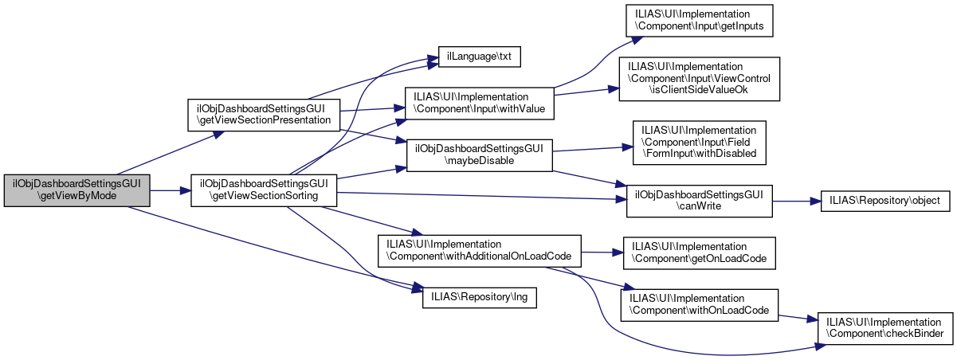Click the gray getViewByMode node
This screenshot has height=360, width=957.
coord(77,190)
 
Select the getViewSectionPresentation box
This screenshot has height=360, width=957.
coord(263,114)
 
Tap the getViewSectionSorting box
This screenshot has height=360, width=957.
coord(263,189)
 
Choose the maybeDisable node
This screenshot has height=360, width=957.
coord(480,155)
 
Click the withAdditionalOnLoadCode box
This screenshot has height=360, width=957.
coord(480,250)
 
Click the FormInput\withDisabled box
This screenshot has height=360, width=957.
coord(699,142)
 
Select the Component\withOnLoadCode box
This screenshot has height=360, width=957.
coord(699,305)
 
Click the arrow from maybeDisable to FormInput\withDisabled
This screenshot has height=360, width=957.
coord(590,149)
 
